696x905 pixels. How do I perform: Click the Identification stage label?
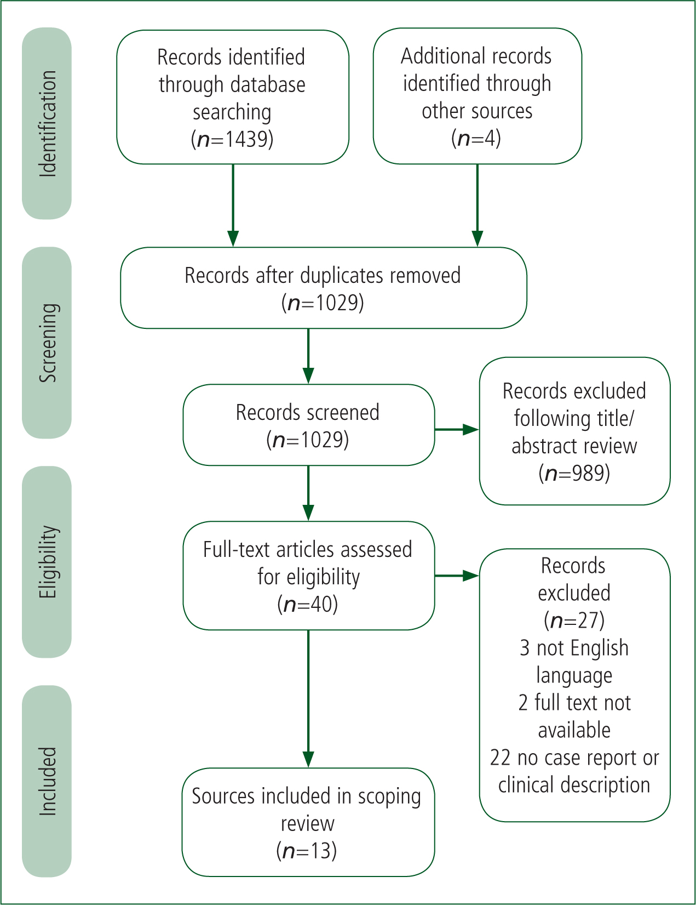coord(48,124)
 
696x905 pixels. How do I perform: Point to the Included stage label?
coord(48,781)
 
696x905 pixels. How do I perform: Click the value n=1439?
coord(232,139)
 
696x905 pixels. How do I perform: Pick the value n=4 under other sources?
coord(476,138)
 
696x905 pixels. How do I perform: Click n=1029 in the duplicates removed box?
coord(323,303)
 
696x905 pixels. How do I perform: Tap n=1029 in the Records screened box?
coord(308,440)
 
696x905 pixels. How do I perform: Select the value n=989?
coord(574,473)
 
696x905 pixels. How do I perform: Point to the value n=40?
coord(308,604)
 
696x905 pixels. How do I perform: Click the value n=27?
coord(574,620)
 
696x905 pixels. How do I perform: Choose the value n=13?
coord(307,851)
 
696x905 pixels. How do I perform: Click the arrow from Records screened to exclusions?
coord(457,429)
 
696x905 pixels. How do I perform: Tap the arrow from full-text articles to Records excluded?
coord(457,576)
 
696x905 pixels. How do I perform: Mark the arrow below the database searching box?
coord(233,206)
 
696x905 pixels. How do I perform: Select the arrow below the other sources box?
coord(478,206)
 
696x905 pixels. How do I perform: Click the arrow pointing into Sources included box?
coord(308,698)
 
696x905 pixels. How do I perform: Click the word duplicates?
coord(340,275)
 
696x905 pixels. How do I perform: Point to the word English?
coord(600,648)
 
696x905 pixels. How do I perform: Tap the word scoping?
coord(389,796)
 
